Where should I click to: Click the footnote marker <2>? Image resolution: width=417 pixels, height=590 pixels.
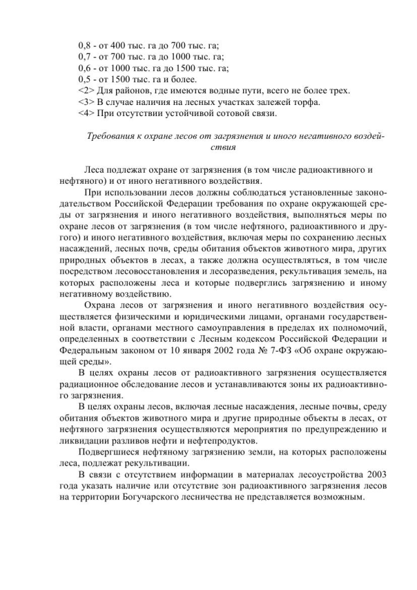(86, 91)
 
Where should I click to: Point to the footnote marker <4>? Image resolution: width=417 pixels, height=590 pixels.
(86, 114)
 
